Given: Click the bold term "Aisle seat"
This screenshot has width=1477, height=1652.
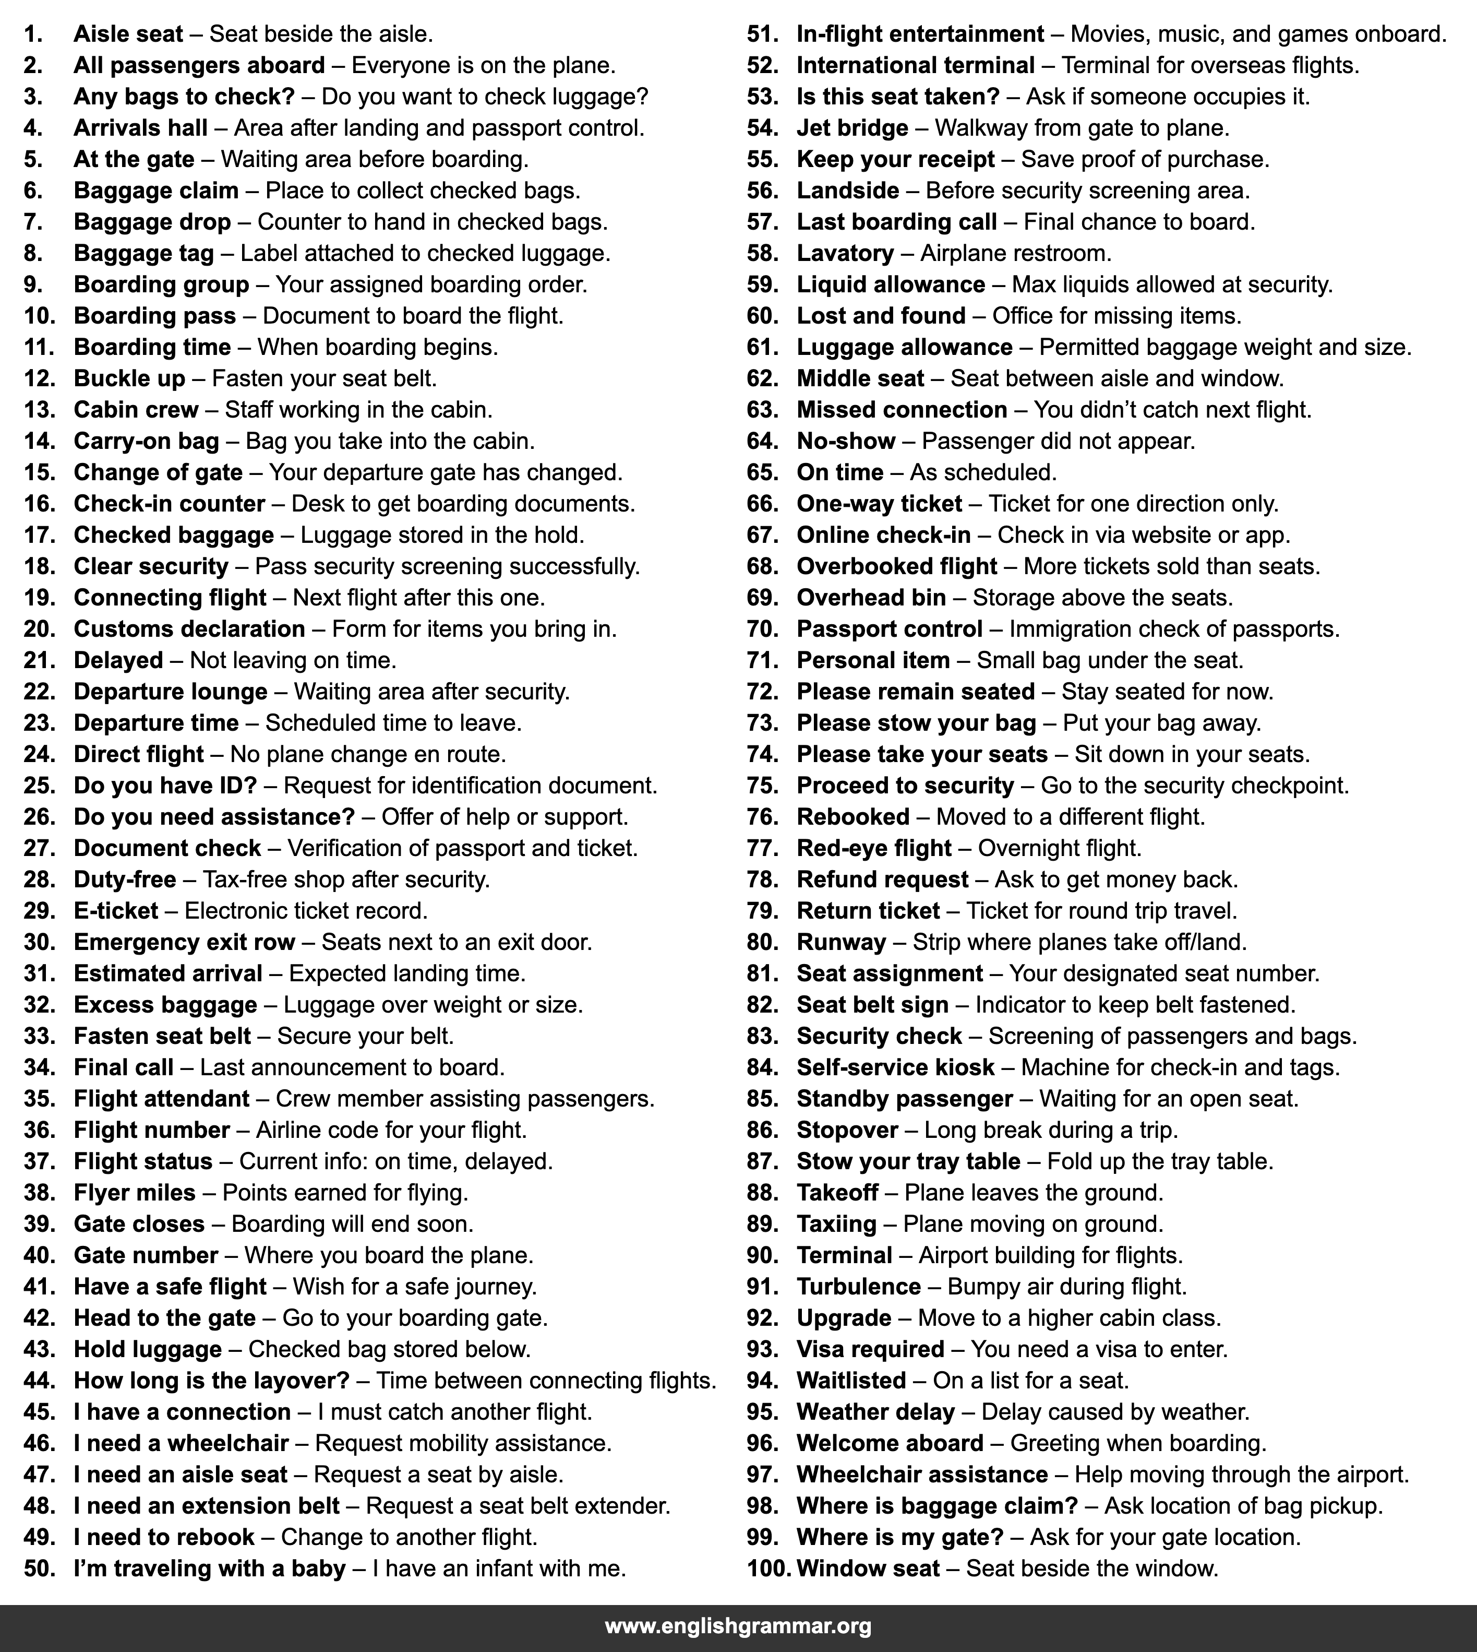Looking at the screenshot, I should (128, 34).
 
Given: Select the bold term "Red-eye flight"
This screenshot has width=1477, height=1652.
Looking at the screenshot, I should (873, 848).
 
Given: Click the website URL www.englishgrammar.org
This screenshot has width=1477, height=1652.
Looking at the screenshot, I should (738, 1626).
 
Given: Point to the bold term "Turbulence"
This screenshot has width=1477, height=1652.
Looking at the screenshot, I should (859, 1287).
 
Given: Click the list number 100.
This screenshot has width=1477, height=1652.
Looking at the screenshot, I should (767, 1568).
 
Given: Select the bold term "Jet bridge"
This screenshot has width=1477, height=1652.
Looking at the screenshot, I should (852, 128).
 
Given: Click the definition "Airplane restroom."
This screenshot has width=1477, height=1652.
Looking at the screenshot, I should (1015, 253).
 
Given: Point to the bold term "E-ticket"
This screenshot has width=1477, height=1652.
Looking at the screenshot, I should (115, 911).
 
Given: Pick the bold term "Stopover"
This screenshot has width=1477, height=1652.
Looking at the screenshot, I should (847, 1130).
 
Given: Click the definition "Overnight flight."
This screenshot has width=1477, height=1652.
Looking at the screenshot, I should (1059, 848).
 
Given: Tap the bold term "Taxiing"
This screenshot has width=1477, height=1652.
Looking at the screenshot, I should (837, 1223).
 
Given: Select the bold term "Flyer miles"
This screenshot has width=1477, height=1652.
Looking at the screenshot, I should (134, 1193).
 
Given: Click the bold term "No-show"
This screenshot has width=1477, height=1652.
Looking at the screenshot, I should (846, 442).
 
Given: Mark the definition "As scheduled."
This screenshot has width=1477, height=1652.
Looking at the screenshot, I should (983, 472).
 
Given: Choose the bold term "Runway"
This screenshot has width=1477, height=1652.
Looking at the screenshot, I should (840, 943).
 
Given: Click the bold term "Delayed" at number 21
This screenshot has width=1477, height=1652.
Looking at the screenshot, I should (118, 660).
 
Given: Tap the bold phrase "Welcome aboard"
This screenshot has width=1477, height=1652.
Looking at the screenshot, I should (890, 1443).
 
